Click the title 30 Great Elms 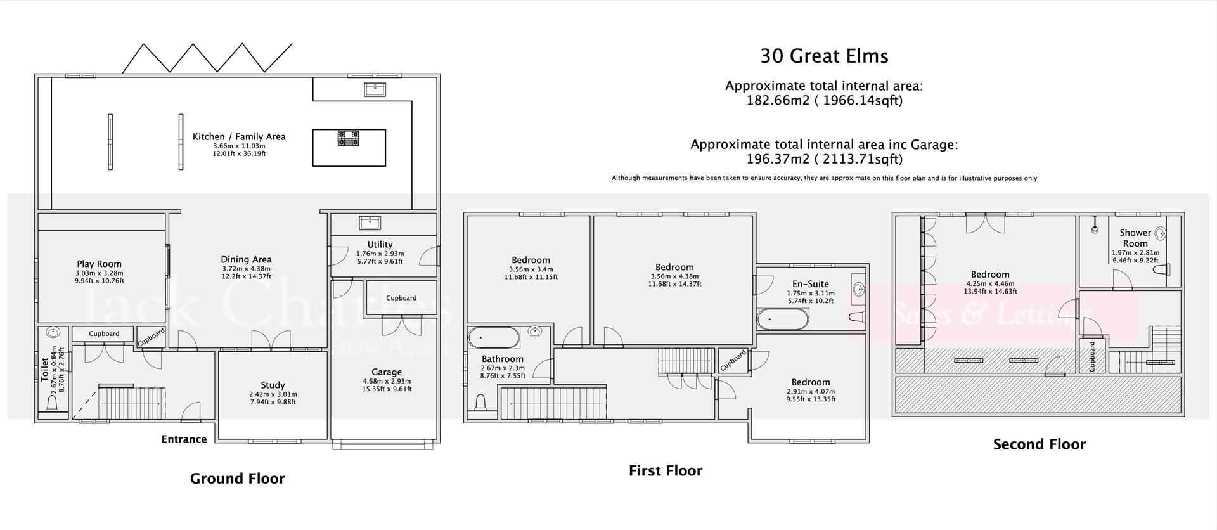point(824,56)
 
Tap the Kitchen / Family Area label point(239,136)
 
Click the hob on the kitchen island point(348,138)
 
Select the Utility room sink point(369,223)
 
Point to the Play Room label point(99,264)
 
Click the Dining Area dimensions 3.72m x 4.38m point(246,268)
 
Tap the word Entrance point(184,439)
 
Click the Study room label point(273,385)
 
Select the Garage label point(387,372)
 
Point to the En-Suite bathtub point(782,319)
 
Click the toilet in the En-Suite point(856,318)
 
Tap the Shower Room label point(1135,238)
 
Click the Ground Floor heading point(238,479)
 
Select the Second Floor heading point(1039,444)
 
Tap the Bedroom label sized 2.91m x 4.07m point(810,382)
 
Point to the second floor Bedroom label point(989,275)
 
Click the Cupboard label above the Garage point(401,298)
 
